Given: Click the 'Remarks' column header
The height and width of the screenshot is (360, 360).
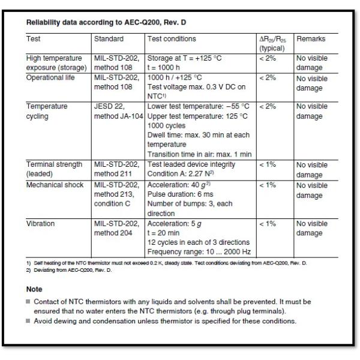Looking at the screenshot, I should [x=311, y=39].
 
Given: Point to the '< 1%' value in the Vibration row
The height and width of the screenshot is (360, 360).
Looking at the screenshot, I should [x=267, y=224].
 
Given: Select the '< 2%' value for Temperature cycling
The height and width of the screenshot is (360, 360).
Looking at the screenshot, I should [x=267, y=106].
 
